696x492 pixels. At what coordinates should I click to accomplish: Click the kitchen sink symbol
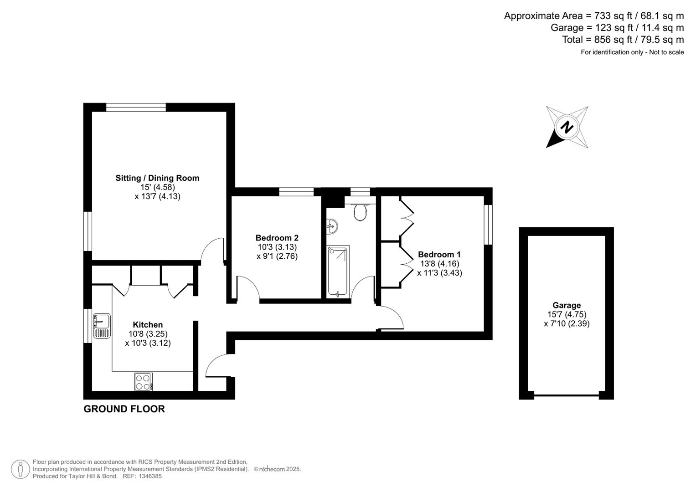point(102,326)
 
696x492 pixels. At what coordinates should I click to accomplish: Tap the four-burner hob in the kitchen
point(143,382)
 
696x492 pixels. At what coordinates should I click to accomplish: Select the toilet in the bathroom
point(360,212)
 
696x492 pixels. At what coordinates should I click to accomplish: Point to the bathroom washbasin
point(332,225)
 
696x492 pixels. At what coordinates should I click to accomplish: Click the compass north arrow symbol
point(567,127)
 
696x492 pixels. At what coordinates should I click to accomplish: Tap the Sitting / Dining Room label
point(157,178)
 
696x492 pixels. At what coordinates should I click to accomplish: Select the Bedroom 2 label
point(277,238)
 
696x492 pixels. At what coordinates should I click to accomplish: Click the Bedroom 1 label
point(439,255)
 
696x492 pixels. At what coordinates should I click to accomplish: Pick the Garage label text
point(567,305)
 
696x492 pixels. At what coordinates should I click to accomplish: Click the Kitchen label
point(148,325)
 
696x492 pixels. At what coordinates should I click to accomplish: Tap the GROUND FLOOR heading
point(124,409)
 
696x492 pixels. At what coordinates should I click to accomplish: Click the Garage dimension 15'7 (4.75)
point(567,314)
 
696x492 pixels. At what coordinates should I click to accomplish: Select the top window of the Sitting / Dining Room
point(136,108)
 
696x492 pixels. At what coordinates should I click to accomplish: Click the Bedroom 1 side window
point(488,225)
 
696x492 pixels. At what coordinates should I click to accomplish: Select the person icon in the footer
point(21,469)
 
